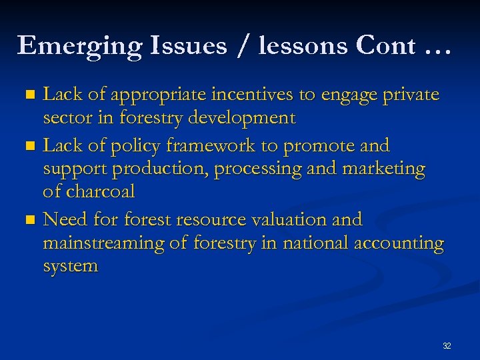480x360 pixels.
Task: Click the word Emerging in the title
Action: click(79, 46)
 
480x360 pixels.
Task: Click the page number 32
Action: click(447, 346)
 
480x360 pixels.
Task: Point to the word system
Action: click(71, 267)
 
